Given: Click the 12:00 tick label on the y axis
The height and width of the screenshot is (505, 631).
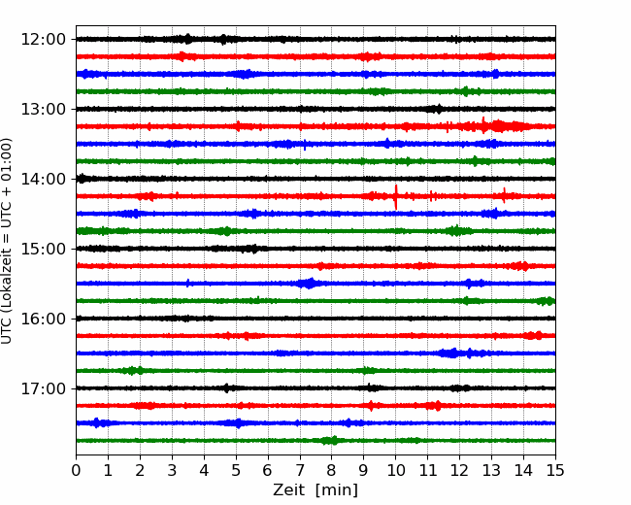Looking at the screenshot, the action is pyautogui.click(x=43, y=40).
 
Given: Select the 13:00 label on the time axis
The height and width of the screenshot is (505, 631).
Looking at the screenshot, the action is pyautogui.click(x=43, y=109).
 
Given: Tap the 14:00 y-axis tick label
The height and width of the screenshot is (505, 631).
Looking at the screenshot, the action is pyautogui.click(x=43, y=179).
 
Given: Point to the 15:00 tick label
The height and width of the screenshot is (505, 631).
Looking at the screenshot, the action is pyautogui.click(x=43, y=249).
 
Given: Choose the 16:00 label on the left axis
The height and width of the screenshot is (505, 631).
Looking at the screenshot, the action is pyautogui.click(x=43, y=319).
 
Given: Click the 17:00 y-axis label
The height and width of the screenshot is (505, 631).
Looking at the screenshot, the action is pyautogui.click(x=43, y=388).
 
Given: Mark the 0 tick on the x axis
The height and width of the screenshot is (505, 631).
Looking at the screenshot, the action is pyautogui.click(x=76, y=470).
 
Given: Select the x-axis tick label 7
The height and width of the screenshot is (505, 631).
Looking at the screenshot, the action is pyautogui.click(x=299, y=470).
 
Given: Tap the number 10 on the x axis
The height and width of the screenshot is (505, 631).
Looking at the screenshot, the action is pyautogui.click(x=395, y=470).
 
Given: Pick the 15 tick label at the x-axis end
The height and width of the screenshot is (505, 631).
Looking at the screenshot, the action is pyautogui.click(x=555, y=470).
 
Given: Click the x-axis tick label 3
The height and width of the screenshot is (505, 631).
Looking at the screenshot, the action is pyautogui.click(x=172, y=470).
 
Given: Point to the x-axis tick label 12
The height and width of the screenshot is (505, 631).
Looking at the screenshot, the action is pyautogui.click(x=459, y=470).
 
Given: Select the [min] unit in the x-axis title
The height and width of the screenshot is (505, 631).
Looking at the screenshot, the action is pyautogui.click(x=337, y=490).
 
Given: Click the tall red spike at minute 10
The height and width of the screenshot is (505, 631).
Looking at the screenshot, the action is pyautogui.click(x=396, y=197).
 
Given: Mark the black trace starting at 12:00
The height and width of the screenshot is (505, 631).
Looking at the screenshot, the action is pyautogui.click(x=315, y=39).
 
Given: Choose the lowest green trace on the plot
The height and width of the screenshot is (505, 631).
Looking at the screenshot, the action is pyautogui.click(x=315, y=441).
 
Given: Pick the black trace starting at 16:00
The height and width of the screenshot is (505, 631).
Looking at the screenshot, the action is pyautogui.click(x=315, y=319).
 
